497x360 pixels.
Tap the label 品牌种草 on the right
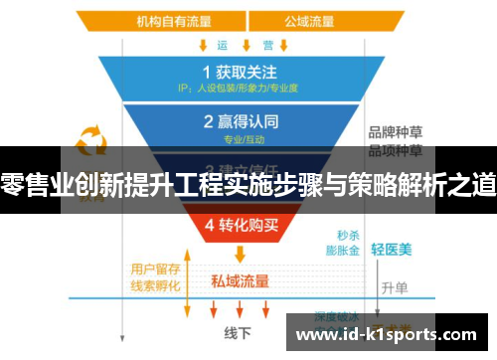coord(396,132)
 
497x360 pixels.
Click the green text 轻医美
coord(391,250)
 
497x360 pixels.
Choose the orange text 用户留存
coord(155,269)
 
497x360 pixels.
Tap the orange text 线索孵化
coord(155,285)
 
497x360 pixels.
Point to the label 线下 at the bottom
coord(237,332)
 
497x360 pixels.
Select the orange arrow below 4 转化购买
coord(238,254)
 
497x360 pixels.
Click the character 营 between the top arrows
coord(267,45)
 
